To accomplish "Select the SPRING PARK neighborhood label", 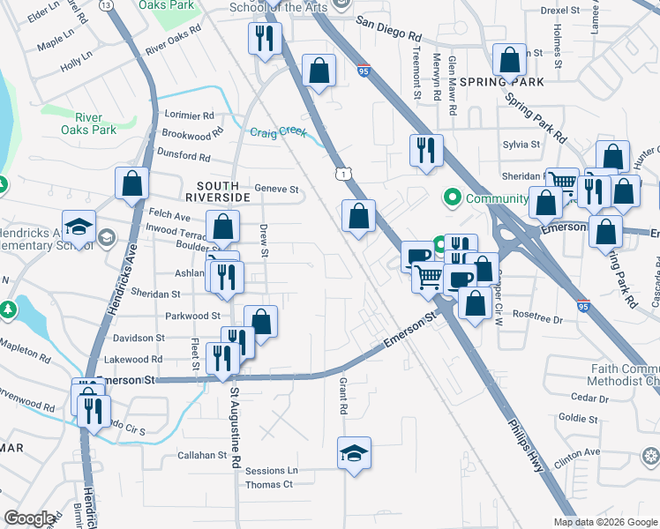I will pos(506,82).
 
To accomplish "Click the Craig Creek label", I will pos(278,133).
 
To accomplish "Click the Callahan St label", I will pos(203,456).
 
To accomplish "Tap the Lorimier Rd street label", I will pos(190,115).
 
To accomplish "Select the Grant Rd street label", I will pos(341,396).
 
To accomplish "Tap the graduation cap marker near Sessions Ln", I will pos(355,455).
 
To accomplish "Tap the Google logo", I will pos(29,518).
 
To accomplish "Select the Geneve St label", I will pos(277,189).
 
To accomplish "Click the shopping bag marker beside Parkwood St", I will pos(261,321).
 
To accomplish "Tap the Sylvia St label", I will pos(521,145).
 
